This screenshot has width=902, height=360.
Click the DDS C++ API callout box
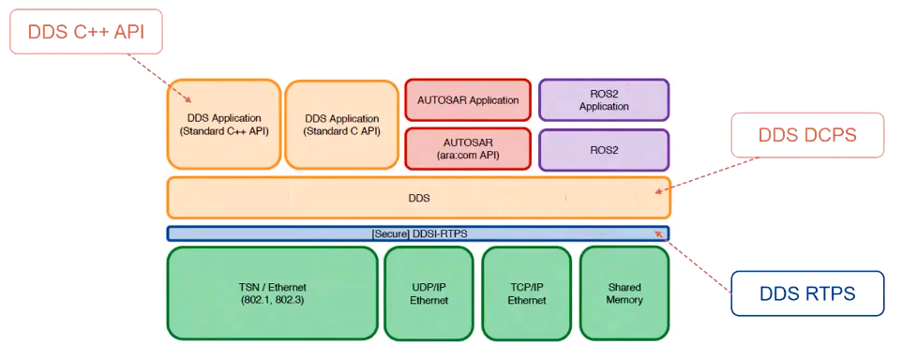pyautogui.click(x=86, y=32)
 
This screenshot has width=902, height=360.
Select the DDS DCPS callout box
pyautogui.click(x=807, y=135)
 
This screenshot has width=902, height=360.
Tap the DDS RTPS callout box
pyautogui.click(x=807, y=293)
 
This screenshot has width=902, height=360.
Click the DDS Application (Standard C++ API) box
pyautogui.click(x=224, y=124)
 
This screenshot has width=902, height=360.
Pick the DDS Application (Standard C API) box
pyautogui.click(x=341, y=124)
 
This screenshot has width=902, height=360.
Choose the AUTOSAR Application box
pyautogui.click(x=468, y=100)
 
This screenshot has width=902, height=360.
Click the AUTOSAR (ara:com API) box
pyautogui.click(x=468, y=149)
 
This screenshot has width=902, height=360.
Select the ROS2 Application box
pyautogui.click(x=604, y=100)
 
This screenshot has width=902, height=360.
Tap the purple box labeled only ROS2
pyautogui.click(x=604, y=149)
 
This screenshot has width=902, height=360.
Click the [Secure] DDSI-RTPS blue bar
pyautogui.click(x=418, y=233)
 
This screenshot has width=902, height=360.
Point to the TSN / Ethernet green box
pyautogui.click(x=273, y=293)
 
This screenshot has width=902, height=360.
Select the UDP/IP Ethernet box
pyautogui.click(x=428, y=293)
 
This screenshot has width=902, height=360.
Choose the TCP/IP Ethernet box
pyautogui.click(x=526, y=293)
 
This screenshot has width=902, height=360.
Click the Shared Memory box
pyautogui.click(x=624, y=293)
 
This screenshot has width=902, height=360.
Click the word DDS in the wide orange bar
pyautogui.click(x=419, y=199)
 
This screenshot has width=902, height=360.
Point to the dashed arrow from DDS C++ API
pyautogui.click(x=160, y=79)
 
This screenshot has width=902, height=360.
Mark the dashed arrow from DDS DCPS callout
pyautogui.click(x=707, y=175)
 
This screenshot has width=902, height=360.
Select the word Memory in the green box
pyautogui.click(x=624, y=300)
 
